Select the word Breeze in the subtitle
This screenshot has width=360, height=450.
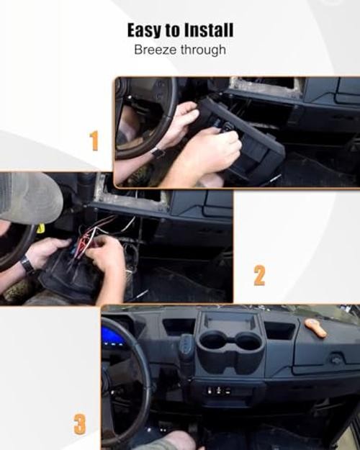pyautogui.click(x=156, y=50)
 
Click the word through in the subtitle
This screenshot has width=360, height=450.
pyautogui.click(x=203, y=50)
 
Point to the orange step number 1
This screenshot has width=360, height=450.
pyautogui.click(x=94, y=140)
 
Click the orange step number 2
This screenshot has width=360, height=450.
pyautogui.click(x=259, y=275)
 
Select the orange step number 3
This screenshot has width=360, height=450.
pyautogui.click(x=79, y=424)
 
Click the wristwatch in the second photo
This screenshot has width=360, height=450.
pyautogui.click(x=27, y=264)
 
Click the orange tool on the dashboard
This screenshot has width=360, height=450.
pyautogui.click(x=315, y=328)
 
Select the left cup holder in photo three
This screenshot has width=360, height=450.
pyautogui.click(x=211, y=341)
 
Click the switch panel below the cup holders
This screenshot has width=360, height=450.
pyautogui.click(x=220, y=390)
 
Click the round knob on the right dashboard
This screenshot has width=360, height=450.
pyautogui.click(x=336, y=359)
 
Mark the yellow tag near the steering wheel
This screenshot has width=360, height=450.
pyautogui.click(x=41, y=228)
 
